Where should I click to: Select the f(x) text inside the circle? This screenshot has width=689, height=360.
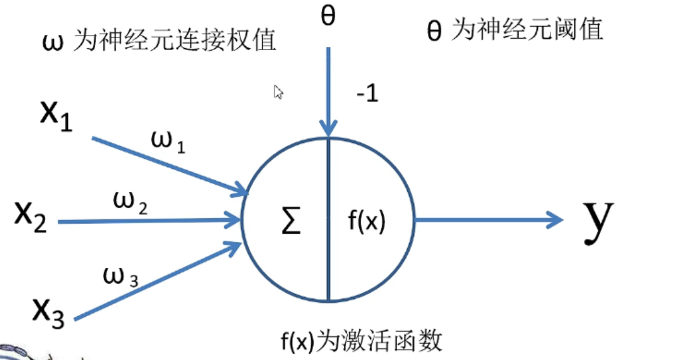(x=367, y=223)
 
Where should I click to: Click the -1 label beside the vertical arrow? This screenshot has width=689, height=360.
(x=366, y=95)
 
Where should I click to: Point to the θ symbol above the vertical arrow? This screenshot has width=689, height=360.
(x=328, y=16)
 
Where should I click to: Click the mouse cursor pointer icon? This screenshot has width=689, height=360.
(x=278, y=93)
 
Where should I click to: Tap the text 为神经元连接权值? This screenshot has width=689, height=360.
(x=174, y=41)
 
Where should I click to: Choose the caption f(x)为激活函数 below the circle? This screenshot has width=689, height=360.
(x=361, y=342)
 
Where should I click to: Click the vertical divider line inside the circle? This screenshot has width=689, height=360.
(x=328, y=254)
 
